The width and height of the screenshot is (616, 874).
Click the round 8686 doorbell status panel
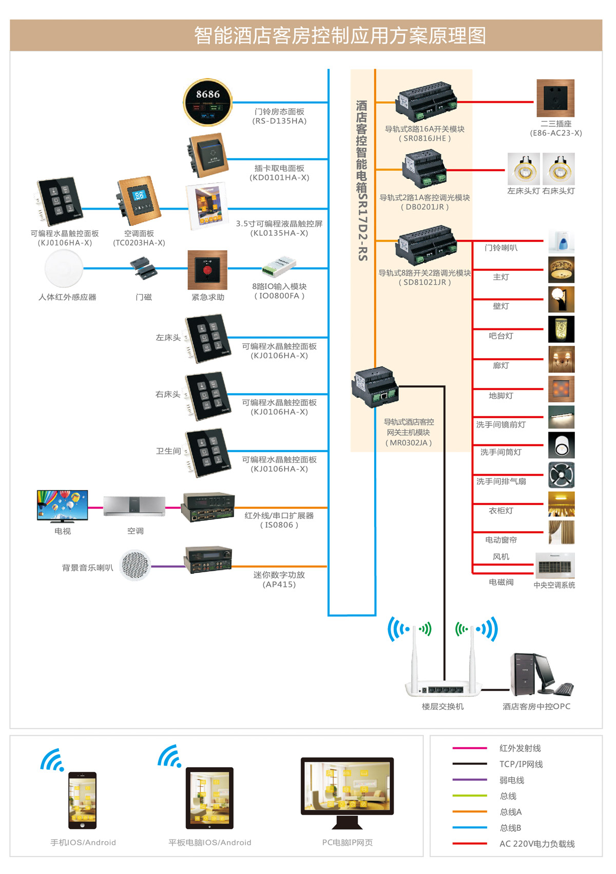coord(208,102)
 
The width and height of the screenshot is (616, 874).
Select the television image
coord(62,506)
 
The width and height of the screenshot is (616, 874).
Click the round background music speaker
coord(135,565)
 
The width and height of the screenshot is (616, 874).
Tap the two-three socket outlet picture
coord(555,98)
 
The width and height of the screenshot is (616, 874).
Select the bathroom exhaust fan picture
coord(561,475)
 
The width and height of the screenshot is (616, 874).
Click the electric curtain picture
coord(561,532)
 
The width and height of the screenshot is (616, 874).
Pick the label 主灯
coord(501,277)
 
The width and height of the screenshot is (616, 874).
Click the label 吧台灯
coord(501,336)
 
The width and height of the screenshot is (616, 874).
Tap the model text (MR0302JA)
coord(409,443)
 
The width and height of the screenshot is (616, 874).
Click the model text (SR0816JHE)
coord(425,138)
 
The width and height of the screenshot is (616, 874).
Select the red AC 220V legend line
coord(469,844)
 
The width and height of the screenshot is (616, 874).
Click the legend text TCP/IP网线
coord(521,764)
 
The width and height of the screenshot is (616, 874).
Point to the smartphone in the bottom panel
coord(82,800)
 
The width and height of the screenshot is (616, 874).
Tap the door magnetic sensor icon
coord(143,269)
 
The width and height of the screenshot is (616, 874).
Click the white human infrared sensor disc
coord(64,268)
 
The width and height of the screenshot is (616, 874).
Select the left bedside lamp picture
coord(524,169)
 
